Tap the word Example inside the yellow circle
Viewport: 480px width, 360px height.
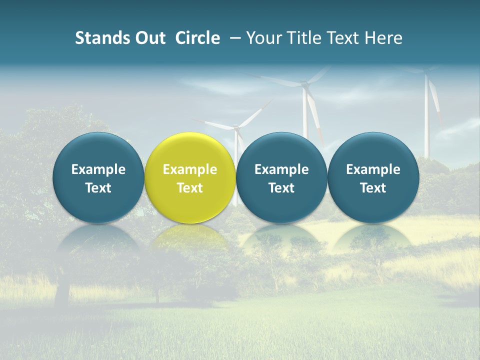[190, 169]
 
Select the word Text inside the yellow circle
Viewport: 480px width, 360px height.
[190, 188]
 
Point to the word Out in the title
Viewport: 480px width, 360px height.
[148, 38]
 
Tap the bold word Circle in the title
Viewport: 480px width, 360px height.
[197, 38]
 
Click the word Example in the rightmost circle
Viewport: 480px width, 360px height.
[373, 169]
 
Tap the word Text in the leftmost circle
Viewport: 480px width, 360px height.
[98, 188]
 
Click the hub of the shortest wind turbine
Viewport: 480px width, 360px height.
[237, 129]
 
